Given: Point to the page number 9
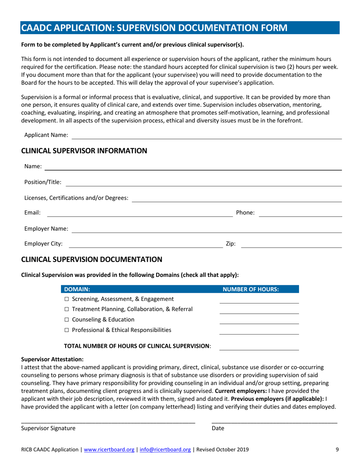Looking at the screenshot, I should (337, 450).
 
